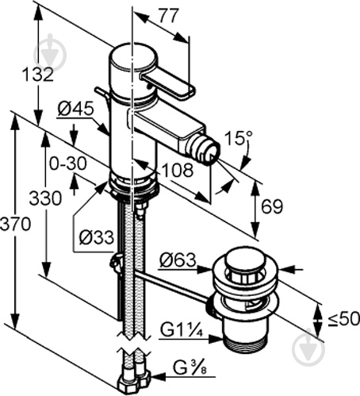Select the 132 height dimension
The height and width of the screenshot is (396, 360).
coord(38,75)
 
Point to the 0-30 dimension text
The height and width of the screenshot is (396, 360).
coord(67,163)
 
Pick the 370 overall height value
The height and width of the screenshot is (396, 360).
coord(15,224)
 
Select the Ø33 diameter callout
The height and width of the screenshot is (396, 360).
coord(95,236)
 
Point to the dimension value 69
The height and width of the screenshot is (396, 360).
coord(273,207)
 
